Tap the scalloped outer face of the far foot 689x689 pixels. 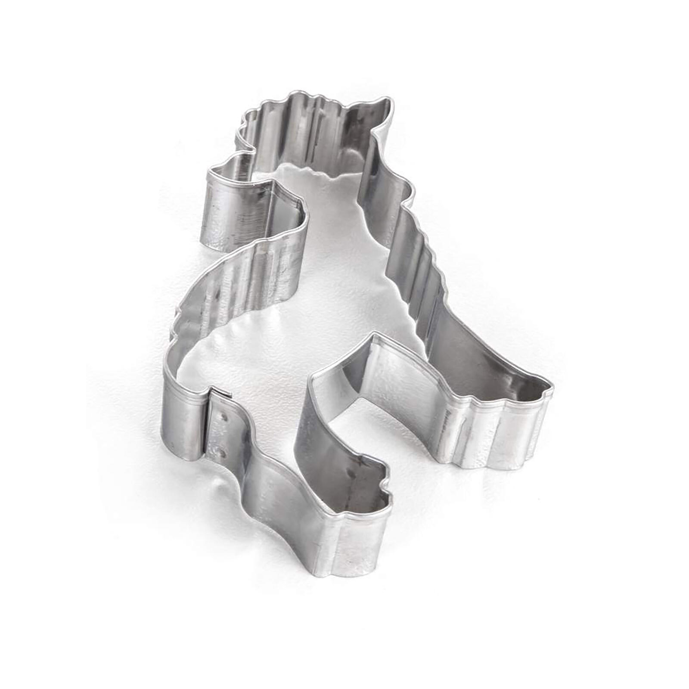coord(495,431)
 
